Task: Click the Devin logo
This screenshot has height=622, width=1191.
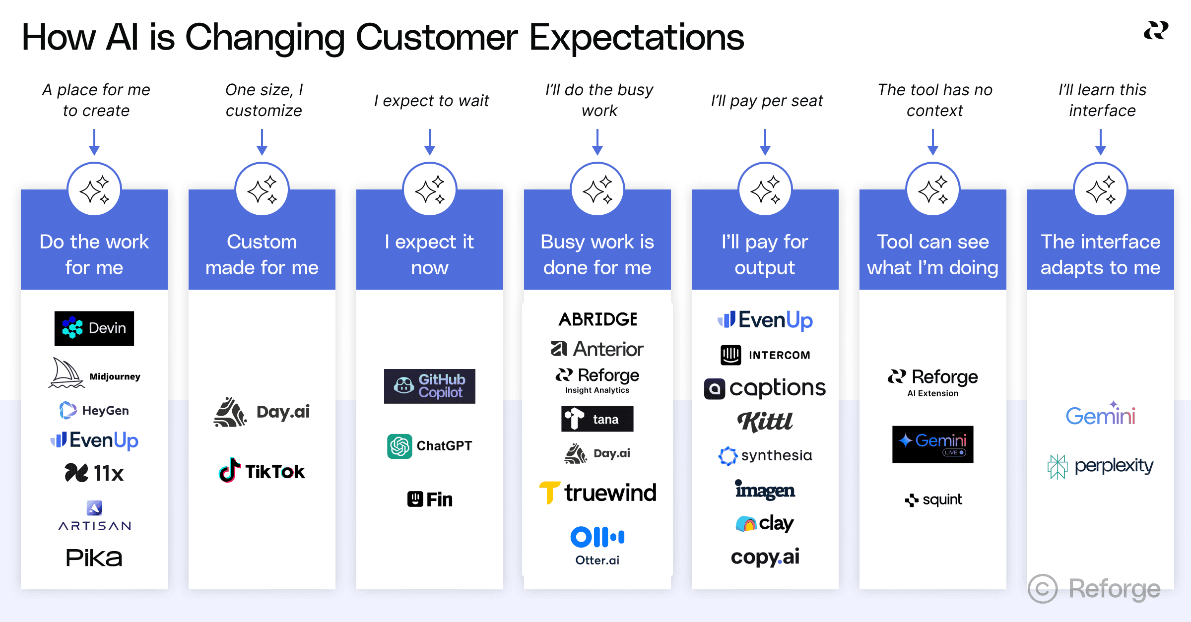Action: [x=94, y=328]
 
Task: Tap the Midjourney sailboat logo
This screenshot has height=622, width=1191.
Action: [x=66, y=373]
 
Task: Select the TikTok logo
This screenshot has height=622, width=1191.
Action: [x=262, y=471]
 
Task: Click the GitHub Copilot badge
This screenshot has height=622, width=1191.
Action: [x=429, y=386]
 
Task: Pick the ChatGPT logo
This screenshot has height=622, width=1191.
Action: [x=429, y=446]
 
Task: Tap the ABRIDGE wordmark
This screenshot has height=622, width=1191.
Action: [x=597, y=319]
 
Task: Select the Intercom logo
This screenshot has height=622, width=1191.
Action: [x=765, y=355]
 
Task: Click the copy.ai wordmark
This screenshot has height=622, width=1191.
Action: [x=765, y=557]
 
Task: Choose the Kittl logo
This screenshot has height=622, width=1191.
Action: [x=765, y=422]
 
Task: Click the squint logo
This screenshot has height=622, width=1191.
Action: [x=933, y=499]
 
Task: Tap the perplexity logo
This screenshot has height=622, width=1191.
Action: [x=1100, y=466]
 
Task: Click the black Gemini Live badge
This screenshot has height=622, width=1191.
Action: [x=932, y=444]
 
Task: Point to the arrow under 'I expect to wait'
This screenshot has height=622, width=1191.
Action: [x=430, y=142]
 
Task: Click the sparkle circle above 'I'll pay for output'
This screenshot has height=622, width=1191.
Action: [x=765, y=189]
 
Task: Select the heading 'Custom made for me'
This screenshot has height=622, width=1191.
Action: [x=262, y=254]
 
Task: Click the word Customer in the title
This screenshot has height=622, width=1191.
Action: [x=437, y=37]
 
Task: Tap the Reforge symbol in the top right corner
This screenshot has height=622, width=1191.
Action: [x=1156, y=31]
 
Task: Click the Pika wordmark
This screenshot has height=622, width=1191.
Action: [x=94, y=558]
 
